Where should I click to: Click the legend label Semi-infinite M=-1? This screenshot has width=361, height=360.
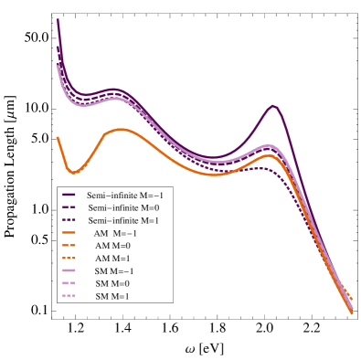(125, 196)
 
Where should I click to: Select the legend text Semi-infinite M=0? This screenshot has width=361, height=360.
(123, 208)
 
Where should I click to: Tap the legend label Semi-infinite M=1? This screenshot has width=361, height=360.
(123, 221)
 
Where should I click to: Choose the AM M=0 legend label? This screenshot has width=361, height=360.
(113, 246)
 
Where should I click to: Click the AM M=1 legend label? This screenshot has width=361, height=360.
(113, 259)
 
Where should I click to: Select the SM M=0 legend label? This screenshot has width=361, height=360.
(113, 284)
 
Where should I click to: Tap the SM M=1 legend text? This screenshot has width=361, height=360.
(113, 297)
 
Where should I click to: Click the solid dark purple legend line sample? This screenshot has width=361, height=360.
(69, 196)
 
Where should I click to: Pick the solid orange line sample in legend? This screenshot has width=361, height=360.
(69, 234)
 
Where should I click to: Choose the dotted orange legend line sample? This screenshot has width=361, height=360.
(69, 259)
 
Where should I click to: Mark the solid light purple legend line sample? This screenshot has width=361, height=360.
(69, 271)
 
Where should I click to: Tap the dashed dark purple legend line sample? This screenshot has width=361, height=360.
(69, 208)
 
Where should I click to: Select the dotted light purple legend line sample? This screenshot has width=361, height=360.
(69, 297)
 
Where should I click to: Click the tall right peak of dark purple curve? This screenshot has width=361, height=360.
(273, 106)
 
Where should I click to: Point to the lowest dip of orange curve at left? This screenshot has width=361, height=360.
(73, 171)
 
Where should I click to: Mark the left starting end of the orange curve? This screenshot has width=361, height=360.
(58, 137)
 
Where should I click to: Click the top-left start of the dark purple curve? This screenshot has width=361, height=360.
(58, 19)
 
